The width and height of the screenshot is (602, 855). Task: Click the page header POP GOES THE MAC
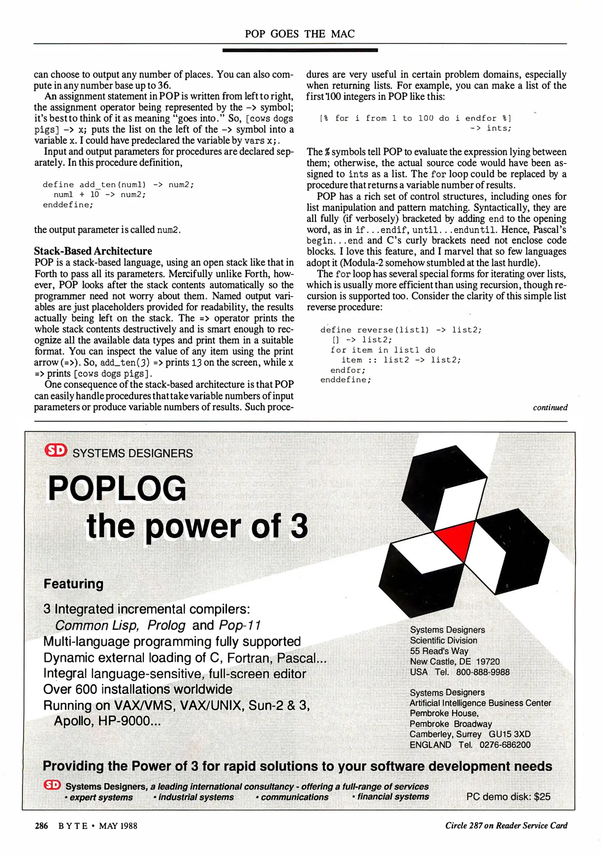(x=299, y=34)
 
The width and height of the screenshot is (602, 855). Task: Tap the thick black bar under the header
(x=300, y=50)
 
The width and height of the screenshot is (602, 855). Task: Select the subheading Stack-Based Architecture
(x=93, y=251)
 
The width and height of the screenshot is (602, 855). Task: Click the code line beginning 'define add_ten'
(x=118, y=184)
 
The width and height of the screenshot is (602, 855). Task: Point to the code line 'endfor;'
(x=348, y=370)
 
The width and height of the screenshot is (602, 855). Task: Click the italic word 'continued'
(x=550, y=407)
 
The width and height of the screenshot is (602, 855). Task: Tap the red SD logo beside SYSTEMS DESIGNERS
(x=55, y=450)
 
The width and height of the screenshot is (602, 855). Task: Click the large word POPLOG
(x=117, y=489)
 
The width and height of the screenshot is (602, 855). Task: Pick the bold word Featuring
(x=74, y=584)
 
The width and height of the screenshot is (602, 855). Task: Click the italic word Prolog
(x=166, y=625)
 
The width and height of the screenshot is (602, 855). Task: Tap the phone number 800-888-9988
(x=483, y=672)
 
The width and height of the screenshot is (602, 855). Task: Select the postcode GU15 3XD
(x=509, y=734)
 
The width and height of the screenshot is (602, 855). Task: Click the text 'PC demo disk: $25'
(x=508, y=796)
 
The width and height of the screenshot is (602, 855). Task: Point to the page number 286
(x=41, y=826)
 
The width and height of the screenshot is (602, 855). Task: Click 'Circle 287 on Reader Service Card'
(x=506, y=825)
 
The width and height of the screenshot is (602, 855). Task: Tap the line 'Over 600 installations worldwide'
(x=138, y=689)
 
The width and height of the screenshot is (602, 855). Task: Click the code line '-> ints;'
(x=490, y=128)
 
